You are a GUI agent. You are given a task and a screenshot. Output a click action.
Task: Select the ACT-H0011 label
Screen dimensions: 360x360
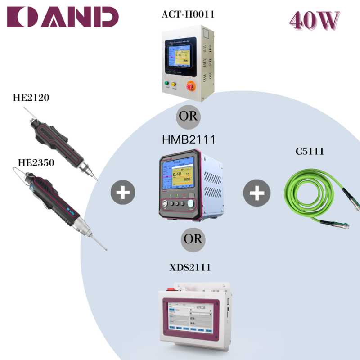click(188, 14)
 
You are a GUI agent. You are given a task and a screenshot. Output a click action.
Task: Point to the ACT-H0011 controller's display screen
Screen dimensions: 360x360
click(181, 56)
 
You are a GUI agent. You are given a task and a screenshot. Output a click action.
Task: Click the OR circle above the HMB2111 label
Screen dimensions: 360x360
click(188, 116)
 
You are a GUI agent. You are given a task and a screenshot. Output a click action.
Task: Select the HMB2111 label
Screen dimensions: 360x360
click(188, 140)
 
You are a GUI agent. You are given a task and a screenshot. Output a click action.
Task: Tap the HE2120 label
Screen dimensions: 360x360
click(31, 97)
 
